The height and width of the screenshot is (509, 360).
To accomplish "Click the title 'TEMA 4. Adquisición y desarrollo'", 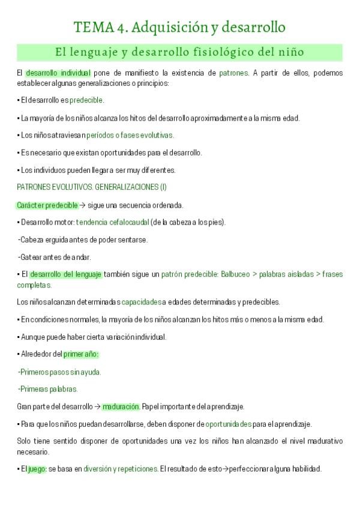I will (179, 27).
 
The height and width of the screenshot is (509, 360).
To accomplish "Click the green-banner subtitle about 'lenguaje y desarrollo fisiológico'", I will (179, 53).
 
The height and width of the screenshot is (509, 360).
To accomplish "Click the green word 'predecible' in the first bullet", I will (86, 100).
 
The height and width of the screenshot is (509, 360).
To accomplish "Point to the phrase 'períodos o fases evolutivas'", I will (130, 135).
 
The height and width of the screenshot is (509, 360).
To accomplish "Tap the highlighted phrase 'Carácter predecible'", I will (47, 205).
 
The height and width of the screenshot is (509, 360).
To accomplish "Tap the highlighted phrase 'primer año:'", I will (81, 354).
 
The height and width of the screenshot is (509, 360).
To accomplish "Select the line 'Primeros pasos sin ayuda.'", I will (59, 372).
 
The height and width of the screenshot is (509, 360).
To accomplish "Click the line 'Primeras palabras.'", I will (48, 389).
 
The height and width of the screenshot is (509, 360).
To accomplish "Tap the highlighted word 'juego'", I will (37, 469).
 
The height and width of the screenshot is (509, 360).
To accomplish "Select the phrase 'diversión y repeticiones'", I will (121, 469).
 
